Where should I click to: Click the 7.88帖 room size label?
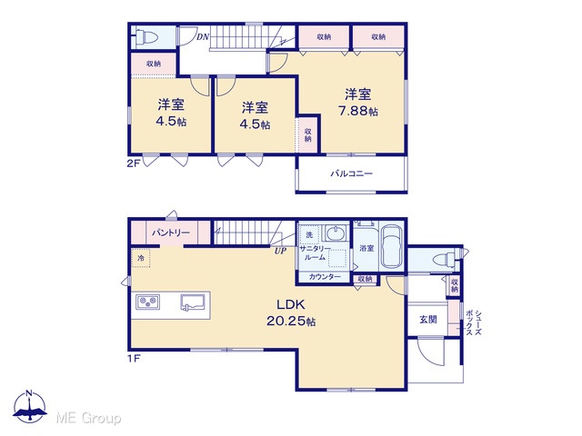358,111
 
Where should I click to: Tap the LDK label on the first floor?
291,305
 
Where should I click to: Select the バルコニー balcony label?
352,173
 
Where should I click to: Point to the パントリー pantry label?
171,233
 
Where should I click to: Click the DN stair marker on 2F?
203,36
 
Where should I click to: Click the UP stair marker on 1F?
280,251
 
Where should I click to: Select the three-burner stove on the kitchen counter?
147,302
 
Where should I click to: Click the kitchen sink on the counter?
193,302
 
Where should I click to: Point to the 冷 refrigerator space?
141,258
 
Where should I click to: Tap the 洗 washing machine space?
309,234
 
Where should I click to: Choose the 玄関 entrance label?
428,319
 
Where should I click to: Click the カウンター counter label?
325,276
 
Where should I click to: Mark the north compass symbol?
30,406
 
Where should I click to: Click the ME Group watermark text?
88,419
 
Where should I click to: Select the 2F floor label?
134,163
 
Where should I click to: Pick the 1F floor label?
134,359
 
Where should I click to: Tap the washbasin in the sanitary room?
336,233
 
